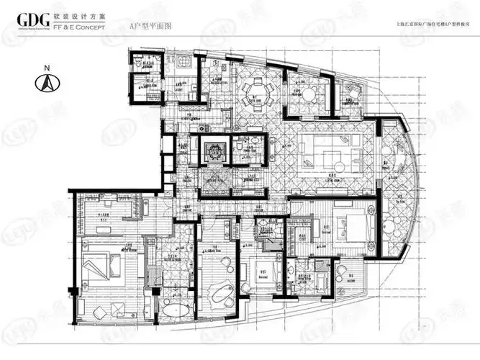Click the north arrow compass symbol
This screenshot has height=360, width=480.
47,84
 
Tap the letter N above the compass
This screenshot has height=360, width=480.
47,68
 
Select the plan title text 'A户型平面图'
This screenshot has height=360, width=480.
148,25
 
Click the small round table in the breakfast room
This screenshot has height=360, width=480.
309,94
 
